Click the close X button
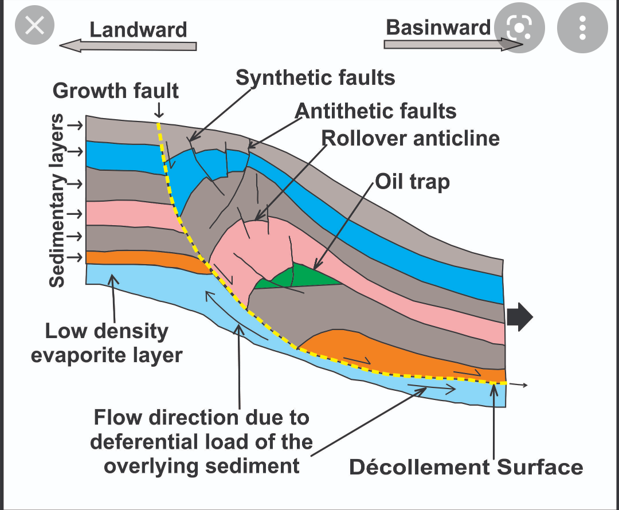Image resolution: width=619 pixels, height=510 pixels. (34, 26)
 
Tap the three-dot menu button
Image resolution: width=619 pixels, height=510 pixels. (582, 28)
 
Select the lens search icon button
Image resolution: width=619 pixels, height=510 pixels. (519, 28)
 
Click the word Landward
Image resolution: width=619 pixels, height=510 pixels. (138, 29)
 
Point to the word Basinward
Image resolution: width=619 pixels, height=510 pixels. (438, 27)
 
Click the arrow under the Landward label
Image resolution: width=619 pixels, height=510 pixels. (128, 46)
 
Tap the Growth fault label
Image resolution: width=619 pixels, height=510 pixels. (116, 91)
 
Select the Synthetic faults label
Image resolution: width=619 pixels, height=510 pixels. (315, 77)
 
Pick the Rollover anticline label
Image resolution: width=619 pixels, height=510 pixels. (410, 138)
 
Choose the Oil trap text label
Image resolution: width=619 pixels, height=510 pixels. (412, 182)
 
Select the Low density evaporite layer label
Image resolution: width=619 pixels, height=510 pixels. (107, 343)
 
